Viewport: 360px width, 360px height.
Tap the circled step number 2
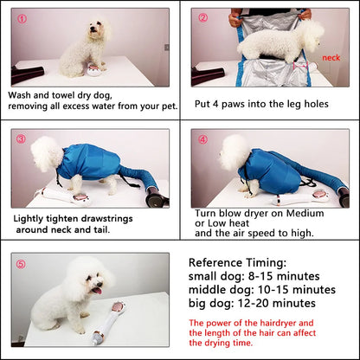(202, 17)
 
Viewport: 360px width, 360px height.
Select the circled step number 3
(21, 138)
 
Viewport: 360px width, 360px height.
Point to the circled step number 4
(202, 138)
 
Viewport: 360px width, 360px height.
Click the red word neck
(331, 59)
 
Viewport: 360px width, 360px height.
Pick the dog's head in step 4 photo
(233, 152)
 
